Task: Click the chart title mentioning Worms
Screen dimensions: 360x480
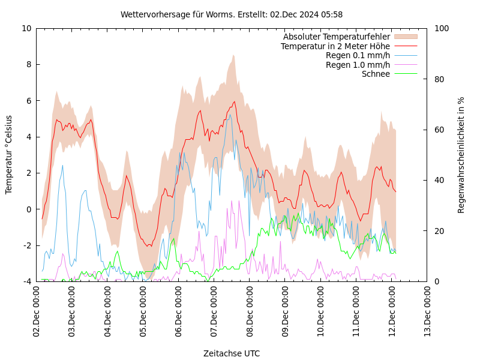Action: click(x=232, y=14)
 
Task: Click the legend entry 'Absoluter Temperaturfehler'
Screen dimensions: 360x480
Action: click(x=337, y=37)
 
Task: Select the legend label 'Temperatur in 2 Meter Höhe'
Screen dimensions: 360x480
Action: click(x=335, y=46)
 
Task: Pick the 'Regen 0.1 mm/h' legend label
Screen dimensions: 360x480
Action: click(x=358, y=55)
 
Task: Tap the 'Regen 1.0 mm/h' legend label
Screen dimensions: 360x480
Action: click(x=358, y=65)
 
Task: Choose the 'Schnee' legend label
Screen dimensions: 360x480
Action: click(x=376, y=74)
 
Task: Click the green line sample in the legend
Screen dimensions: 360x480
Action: click(x=406, y=74)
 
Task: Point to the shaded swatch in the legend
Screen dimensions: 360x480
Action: click(x=406, y=37)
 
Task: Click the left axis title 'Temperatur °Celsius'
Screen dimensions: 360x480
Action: click(x=9, y=154)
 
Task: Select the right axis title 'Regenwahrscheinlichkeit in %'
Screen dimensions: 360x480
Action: click(x=461, y=154)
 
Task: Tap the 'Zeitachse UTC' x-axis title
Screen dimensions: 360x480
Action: click(x=232, y=353)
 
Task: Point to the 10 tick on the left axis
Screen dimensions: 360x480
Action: click(x=26, y=28)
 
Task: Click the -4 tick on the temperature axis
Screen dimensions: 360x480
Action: click(x=27, y=281)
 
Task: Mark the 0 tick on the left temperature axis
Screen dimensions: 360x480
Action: click(x=29, y=209)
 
